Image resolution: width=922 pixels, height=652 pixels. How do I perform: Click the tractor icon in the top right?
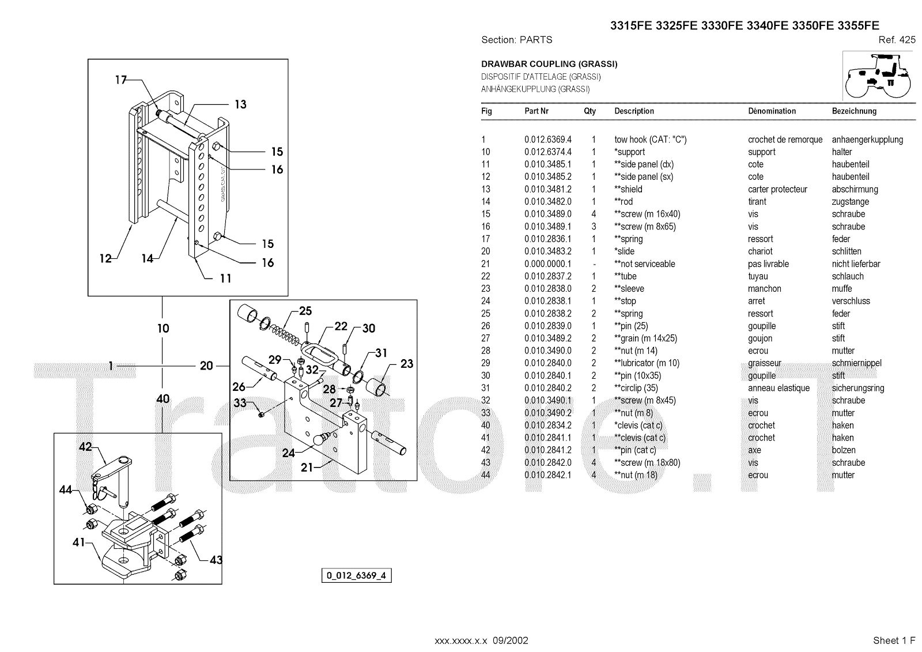point(878,76)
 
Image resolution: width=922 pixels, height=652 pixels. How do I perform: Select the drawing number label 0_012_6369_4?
point(356,575)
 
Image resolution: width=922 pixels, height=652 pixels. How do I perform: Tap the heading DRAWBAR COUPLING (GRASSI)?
point(549,64)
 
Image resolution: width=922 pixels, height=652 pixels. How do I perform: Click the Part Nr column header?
point(536,111)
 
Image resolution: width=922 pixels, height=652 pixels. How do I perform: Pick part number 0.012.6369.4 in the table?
point(547,140)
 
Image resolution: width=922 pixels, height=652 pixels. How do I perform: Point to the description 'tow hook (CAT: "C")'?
point(650,140)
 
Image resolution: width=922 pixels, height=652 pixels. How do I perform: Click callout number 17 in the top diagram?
point(120,80)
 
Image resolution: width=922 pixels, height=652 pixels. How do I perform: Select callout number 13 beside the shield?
point(240,104)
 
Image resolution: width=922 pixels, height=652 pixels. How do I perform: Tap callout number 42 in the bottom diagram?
point(85,447)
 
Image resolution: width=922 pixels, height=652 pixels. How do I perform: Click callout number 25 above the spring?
point(305,311)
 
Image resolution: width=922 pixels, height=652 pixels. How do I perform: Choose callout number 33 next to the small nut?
point(240,403)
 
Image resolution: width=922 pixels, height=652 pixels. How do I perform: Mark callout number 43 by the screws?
point(216,560)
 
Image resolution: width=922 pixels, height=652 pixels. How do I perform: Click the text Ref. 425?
point(897,40)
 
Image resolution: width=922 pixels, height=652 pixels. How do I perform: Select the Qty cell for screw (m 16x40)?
point(594,214)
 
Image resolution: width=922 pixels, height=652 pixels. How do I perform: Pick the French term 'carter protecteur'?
point(777,189)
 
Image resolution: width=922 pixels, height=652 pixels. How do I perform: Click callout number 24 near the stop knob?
point(289,453)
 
